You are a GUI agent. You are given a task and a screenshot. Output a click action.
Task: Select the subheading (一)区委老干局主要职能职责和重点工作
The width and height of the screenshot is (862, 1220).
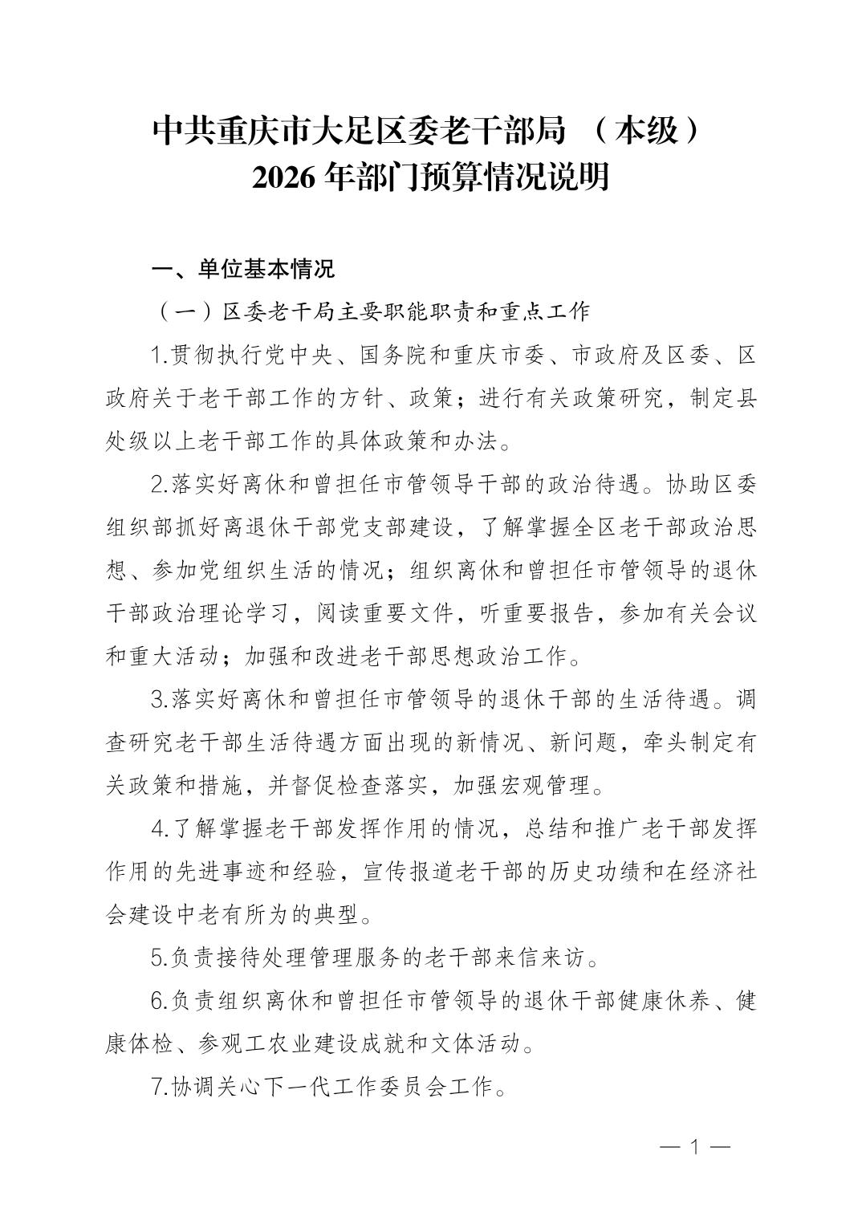[373, 312]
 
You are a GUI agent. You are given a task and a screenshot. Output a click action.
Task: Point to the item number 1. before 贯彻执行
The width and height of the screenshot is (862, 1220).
[158, 355]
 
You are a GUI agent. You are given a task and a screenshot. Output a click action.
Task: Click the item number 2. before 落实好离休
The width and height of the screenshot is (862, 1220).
[158, 485]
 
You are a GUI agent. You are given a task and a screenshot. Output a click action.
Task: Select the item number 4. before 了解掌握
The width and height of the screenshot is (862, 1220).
[158, 828]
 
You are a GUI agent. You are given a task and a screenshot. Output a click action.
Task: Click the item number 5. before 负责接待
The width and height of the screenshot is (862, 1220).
[158, 958]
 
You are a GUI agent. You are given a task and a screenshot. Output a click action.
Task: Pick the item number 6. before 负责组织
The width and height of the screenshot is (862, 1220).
[158, 1001]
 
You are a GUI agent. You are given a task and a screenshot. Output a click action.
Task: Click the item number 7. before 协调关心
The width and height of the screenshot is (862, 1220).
[158, 1088]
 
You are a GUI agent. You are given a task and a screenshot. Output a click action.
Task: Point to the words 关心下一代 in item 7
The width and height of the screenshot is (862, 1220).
[264, 1088]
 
